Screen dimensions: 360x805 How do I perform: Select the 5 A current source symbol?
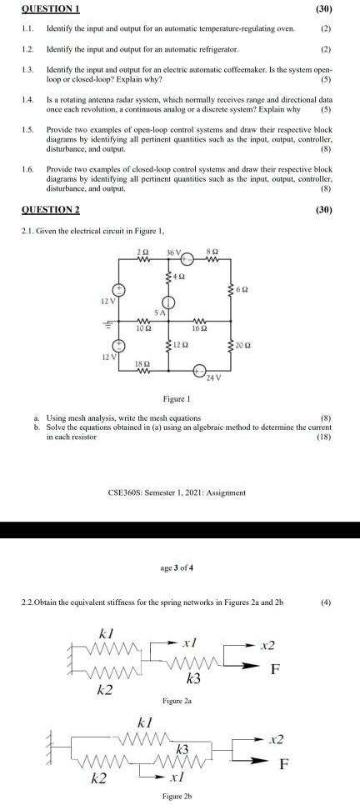pyautogui.click(x=167, y=304)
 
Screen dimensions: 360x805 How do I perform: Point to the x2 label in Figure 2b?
pyautogui.click(x=276, y=739)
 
